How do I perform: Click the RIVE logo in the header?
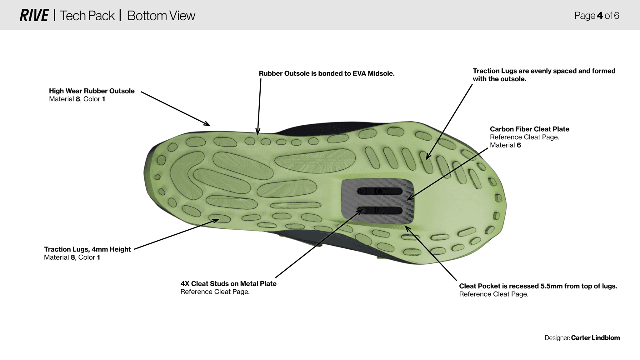(34, 16)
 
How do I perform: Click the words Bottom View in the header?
(161, 16)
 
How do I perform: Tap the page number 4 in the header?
(600, 16)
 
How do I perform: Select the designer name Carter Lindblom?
(595, 338)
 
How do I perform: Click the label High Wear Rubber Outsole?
(92, 91)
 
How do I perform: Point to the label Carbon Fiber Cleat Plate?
(529, 129)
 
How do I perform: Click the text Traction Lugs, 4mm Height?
(87, 249)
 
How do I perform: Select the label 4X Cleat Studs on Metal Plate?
(228, 284)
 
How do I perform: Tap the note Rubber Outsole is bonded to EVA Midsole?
(327, 73)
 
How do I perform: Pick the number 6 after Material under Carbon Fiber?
(519, 145)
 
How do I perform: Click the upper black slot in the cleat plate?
(380, 191)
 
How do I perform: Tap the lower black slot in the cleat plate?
(380, 210)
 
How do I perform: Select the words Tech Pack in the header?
(87, 16)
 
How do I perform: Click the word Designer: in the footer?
(557, 338)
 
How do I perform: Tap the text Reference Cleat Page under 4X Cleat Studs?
(215, 292)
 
